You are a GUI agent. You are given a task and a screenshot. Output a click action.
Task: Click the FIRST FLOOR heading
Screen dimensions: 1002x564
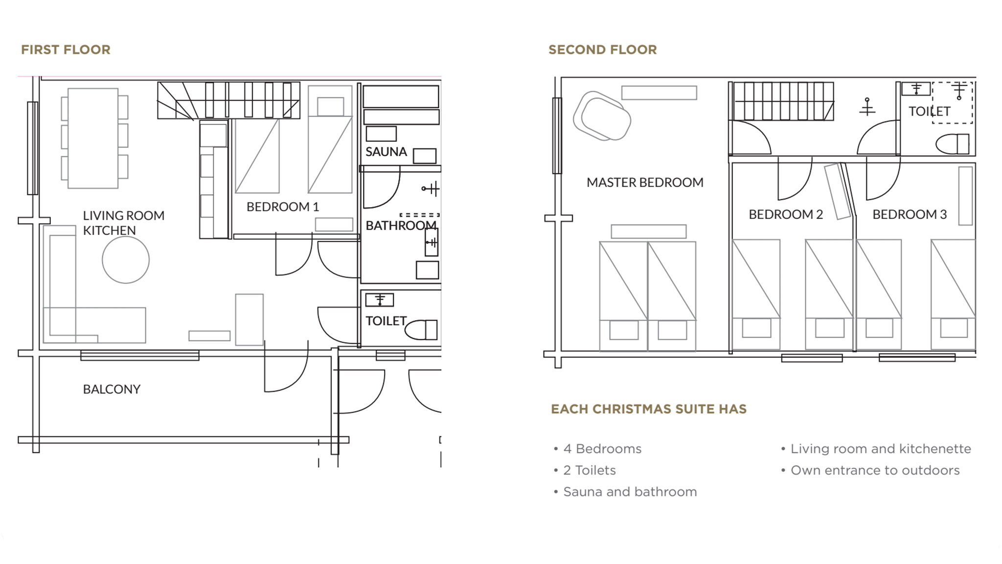pos(66,49)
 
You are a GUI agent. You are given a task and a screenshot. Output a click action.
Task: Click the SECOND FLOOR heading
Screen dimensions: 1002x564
pos(602,49)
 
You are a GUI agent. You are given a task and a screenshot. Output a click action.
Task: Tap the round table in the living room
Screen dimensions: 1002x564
pos(126,259)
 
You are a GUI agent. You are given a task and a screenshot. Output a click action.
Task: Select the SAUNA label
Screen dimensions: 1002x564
pos(386,152)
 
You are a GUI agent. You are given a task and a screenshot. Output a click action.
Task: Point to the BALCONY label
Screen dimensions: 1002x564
pos(112,389)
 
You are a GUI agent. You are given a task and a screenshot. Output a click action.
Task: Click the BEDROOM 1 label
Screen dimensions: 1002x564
pos(282,207)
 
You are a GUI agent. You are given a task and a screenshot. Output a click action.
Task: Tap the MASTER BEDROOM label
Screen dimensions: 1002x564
pos(645,182)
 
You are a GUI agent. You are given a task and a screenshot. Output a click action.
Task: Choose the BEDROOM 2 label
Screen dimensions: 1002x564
pos(786,214)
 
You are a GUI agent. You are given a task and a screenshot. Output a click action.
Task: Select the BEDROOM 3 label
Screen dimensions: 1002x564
pos(910,214)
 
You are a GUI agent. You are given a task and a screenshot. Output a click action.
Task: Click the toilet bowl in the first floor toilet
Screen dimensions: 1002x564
pos(421,329)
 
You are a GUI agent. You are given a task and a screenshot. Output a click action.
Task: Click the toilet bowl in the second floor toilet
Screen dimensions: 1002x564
pos(952,144)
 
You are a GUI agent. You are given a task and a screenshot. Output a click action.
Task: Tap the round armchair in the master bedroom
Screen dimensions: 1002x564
pos(602,116)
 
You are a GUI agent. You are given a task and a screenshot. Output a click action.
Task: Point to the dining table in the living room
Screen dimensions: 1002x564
pos(93,138)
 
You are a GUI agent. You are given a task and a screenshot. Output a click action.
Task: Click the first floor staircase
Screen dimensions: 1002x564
pos(228,100)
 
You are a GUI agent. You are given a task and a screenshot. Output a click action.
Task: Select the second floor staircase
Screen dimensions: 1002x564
pos(783,101)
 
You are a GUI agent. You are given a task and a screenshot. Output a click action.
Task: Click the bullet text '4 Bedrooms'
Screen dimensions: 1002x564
pos(602,448)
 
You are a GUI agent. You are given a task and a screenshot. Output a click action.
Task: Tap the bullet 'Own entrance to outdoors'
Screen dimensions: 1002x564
pos(875,470)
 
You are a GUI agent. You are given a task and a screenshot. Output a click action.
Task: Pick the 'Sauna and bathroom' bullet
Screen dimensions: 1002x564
pos(630,492)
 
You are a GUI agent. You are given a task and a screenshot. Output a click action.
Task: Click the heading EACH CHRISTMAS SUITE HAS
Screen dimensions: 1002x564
pos(649,409)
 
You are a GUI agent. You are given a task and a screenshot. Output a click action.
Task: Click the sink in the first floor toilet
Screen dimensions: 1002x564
pos(380,300)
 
